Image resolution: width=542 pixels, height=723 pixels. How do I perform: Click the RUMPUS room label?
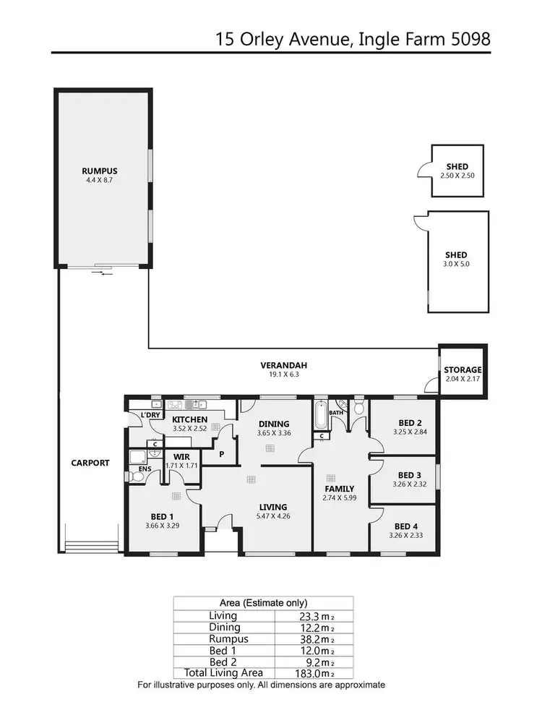(100, 171)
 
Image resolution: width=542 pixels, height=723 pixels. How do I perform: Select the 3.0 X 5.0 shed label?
(456, 265)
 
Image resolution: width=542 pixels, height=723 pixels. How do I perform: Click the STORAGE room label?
(462, 370)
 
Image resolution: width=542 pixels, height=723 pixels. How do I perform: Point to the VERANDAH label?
(279, 365)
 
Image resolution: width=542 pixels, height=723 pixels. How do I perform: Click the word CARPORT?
(90, 463)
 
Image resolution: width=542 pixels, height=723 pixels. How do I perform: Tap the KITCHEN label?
(190, 419)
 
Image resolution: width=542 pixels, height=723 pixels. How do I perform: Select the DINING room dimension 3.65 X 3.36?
(273, 433)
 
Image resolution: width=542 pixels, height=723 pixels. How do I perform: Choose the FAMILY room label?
(339, 489)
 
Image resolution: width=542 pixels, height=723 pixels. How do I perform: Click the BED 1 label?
(162, 516)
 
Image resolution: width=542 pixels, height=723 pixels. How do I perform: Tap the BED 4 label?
(406, 526)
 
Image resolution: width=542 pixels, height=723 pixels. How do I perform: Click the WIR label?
(181, 457)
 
